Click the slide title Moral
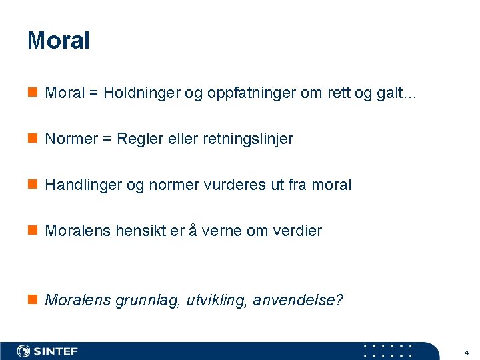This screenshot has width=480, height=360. pos(58,41)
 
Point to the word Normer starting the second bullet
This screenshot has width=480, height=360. pos(71,139)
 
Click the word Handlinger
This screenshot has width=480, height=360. pos(83,185)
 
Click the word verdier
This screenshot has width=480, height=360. pos(297,231)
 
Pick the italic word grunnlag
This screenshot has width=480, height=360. pos(142,301)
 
